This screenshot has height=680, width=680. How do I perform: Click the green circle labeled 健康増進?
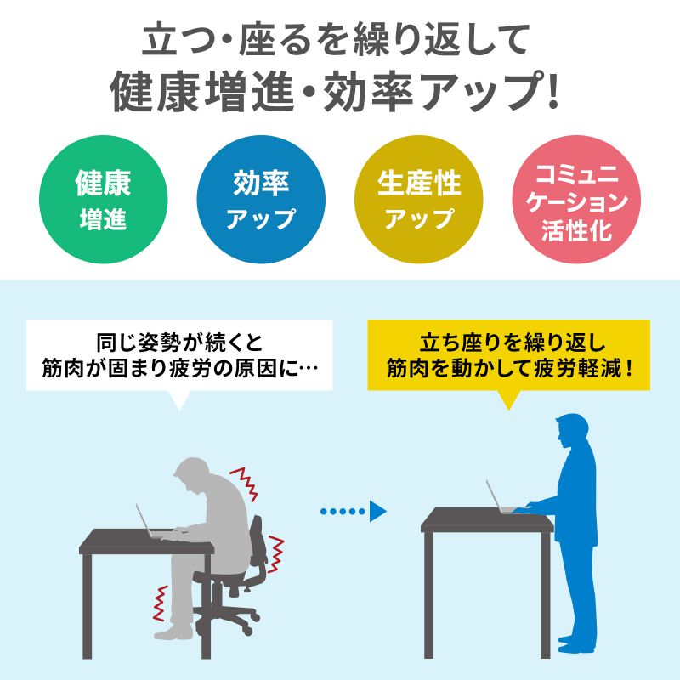[x=103, y=201]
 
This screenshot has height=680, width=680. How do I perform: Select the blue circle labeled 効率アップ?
[x=260, y=201]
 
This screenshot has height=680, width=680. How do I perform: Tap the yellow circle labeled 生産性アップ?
[x=418, y=201]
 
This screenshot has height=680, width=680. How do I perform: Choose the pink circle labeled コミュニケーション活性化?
[x=575, y=201]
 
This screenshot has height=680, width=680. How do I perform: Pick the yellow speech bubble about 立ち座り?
[x=508, y=356]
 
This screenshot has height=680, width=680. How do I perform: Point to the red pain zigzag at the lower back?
[x=276, y=552]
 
